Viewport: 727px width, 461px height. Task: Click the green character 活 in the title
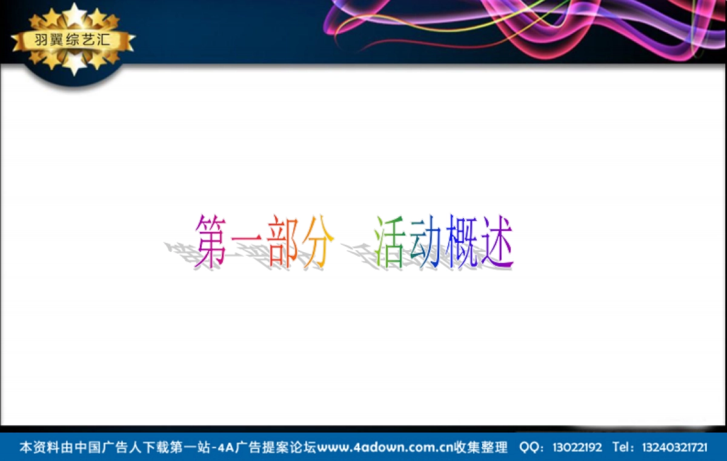(390, 242)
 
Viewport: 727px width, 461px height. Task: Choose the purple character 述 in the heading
(497, 242)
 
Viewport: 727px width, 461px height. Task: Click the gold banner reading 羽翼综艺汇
(73, 41)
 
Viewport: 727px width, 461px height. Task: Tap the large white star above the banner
(75, 15)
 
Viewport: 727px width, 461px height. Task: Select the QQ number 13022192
(577, 448)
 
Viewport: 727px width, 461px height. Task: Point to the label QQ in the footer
(528, 448)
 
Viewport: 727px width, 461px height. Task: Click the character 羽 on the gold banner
(42, 41)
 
